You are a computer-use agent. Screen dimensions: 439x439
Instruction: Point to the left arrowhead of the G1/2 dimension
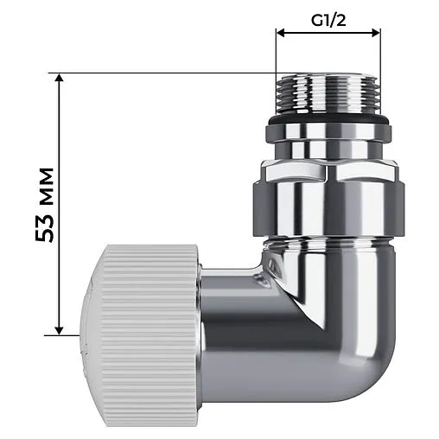pos(281,34)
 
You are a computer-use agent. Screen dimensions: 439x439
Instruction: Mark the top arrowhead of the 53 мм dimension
pos(59,78)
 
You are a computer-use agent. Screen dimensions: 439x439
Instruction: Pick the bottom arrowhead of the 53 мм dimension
pos(59,328)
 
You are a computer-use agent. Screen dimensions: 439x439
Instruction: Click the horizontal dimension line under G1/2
pos(328,34)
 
